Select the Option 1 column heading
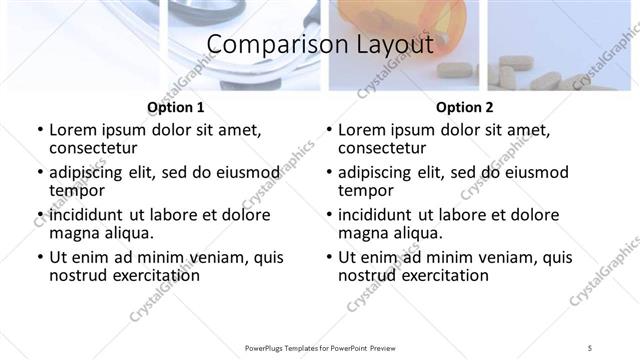click(176, 107)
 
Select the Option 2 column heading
click(465, 107)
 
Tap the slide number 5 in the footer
click(590, 347)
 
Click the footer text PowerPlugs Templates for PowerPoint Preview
click(320, 347)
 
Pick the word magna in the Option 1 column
click(73, 233)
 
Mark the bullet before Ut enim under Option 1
click(40, 257)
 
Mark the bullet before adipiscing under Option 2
click(329, 173)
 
